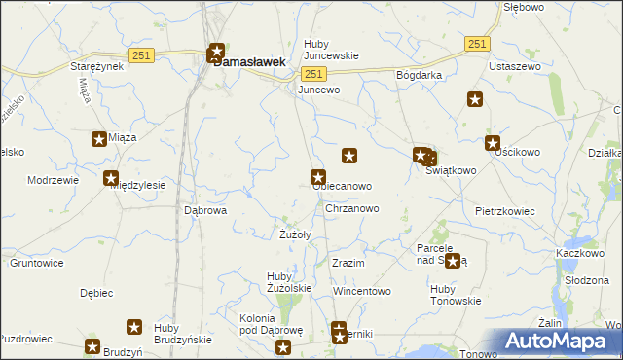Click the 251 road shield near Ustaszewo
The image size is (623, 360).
[476, 45]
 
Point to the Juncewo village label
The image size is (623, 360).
[319, 90]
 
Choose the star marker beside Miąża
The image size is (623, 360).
[99, 139]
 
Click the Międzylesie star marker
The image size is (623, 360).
[111, 177]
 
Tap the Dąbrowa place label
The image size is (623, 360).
[205, 209]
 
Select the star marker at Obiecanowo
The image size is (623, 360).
[317, 177]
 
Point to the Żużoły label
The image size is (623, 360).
[295, 234]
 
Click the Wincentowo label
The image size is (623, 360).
[361, 291]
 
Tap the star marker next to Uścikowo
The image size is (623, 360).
[493, 143]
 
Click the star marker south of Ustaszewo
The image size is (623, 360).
[475, 98]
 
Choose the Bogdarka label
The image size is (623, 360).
[420, 75]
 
